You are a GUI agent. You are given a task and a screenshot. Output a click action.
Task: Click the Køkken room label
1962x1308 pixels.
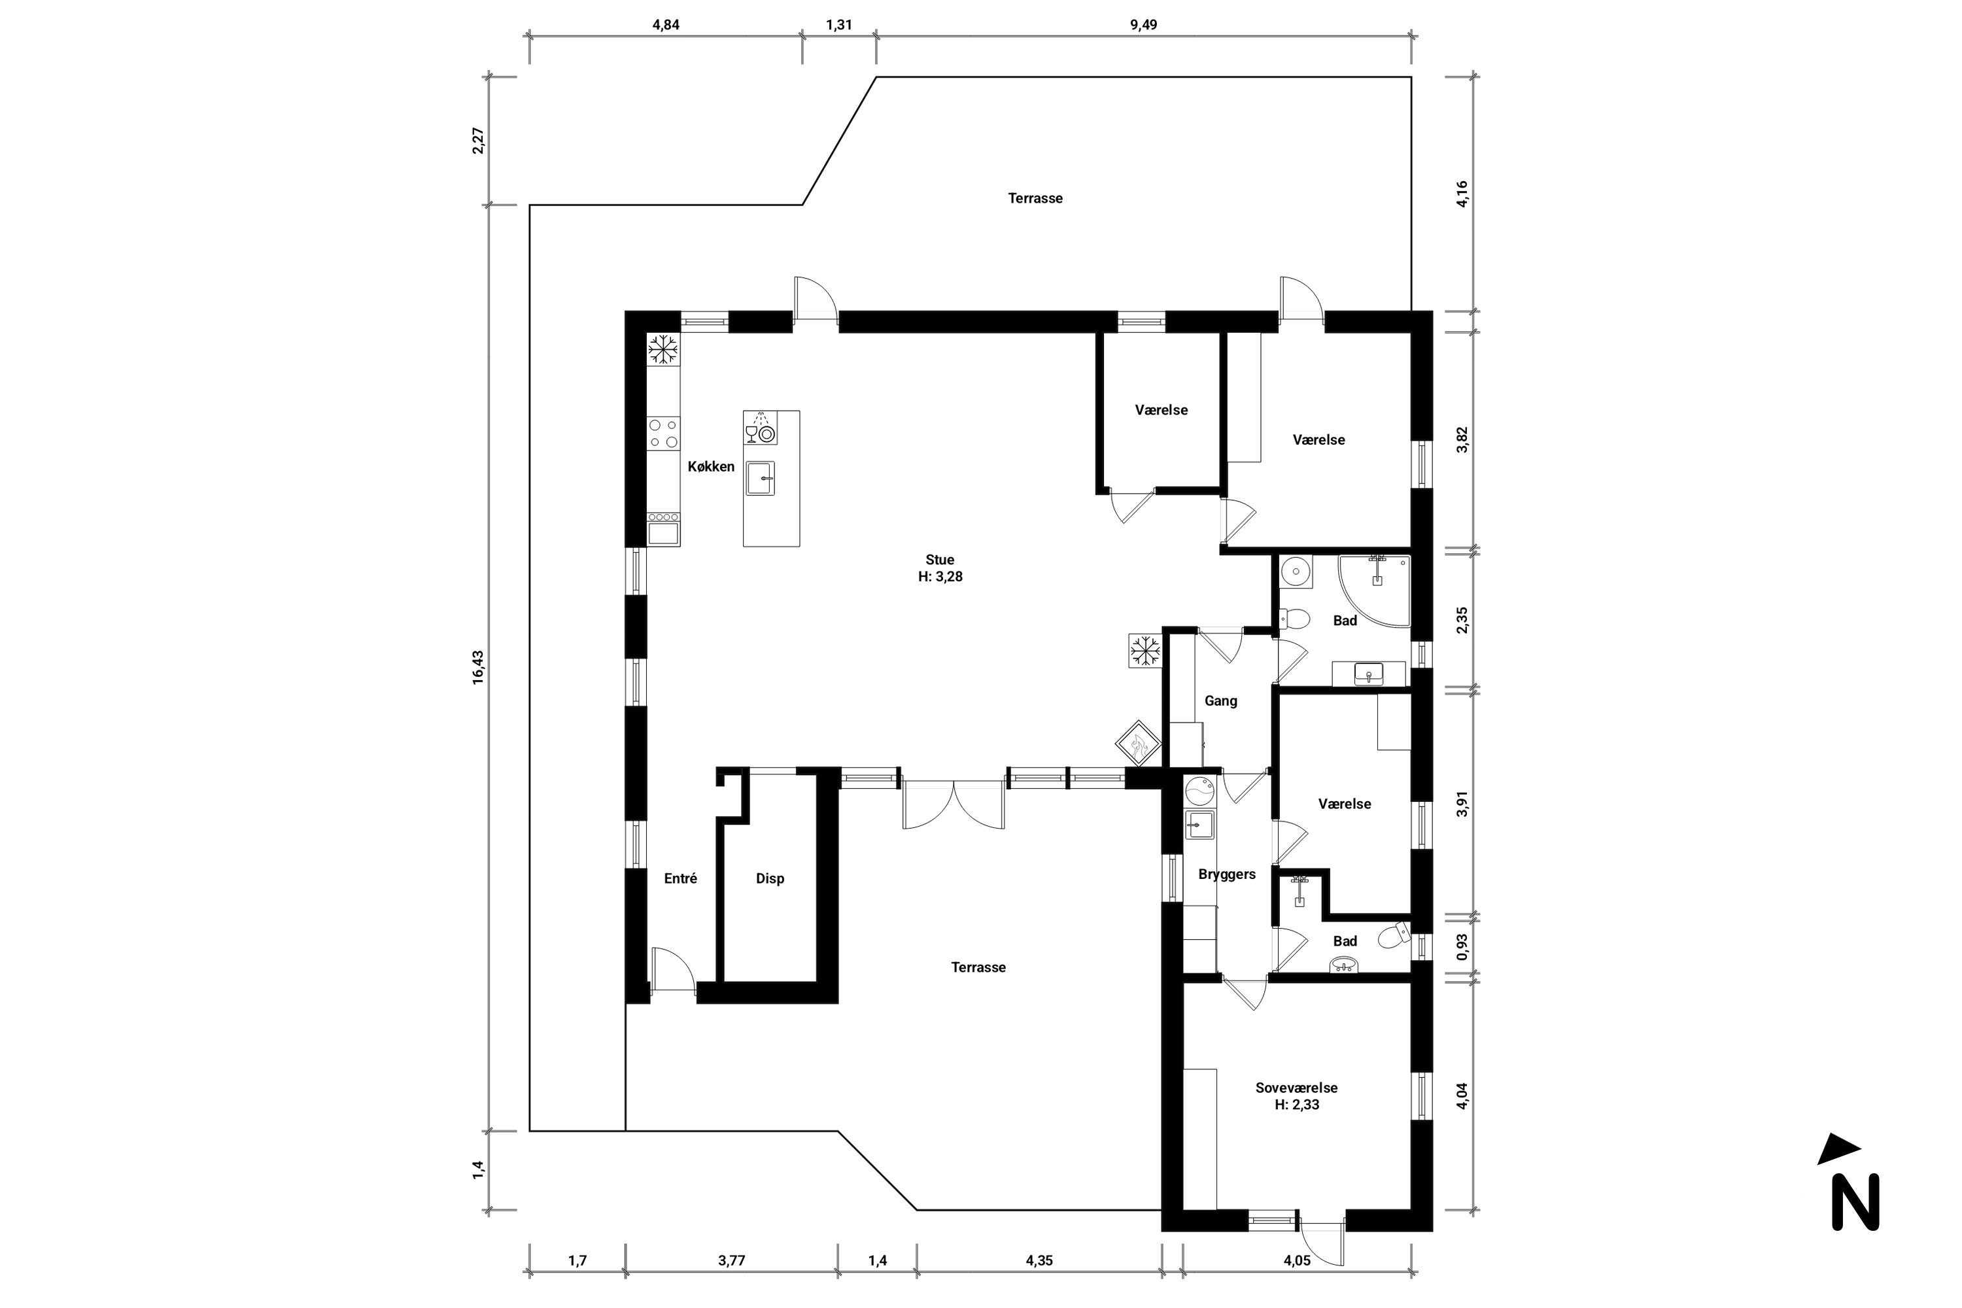point(711,466)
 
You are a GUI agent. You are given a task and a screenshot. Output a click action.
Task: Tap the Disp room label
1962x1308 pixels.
point(770,878)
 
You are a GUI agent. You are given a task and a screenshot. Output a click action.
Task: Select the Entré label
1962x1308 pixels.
point(680,878)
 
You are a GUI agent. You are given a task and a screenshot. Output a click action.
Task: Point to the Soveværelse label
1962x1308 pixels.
point(1296,1088)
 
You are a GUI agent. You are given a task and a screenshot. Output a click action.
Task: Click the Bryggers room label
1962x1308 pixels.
point(1226,875)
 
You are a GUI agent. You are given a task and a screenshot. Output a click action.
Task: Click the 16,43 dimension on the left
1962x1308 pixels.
point(478,667)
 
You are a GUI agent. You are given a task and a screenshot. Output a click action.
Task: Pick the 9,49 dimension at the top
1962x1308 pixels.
point(1144,25)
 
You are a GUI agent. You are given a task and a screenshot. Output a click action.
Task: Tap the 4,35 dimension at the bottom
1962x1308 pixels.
point(1039,1260)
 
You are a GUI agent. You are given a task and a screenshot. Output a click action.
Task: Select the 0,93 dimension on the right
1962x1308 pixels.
point(1462,947)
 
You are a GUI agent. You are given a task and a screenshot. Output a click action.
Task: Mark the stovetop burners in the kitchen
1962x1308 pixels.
point(663,434)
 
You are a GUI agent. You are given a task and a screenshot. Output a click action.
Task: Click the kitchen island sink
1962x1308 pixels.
point(760,479)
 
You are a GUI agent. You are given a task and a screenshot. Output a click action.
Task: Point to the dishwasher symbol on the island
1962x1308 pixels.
point(760,428)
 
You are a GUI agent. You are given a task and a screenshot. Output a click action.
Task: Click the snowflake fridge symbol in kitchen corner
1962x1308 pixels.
point(663,349)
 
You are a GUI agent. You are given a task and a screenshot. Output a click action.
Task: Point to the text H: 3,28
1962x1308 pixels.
point(940,576)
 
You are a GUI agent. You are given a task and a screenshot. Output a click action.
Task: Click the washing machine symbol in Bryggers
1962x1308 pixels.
point(1199,789)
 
